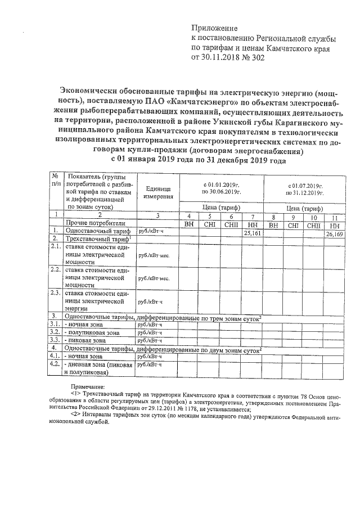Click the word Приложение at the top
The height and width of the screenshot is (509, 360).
pyautogui.click(x=215, y=28)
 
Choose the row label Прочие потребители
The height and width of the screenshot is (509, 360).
pyautogui.click(x=95, y=223)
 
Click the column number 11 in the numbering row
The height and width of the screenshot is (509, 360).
pyautogui.click(x=336, y=216)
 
